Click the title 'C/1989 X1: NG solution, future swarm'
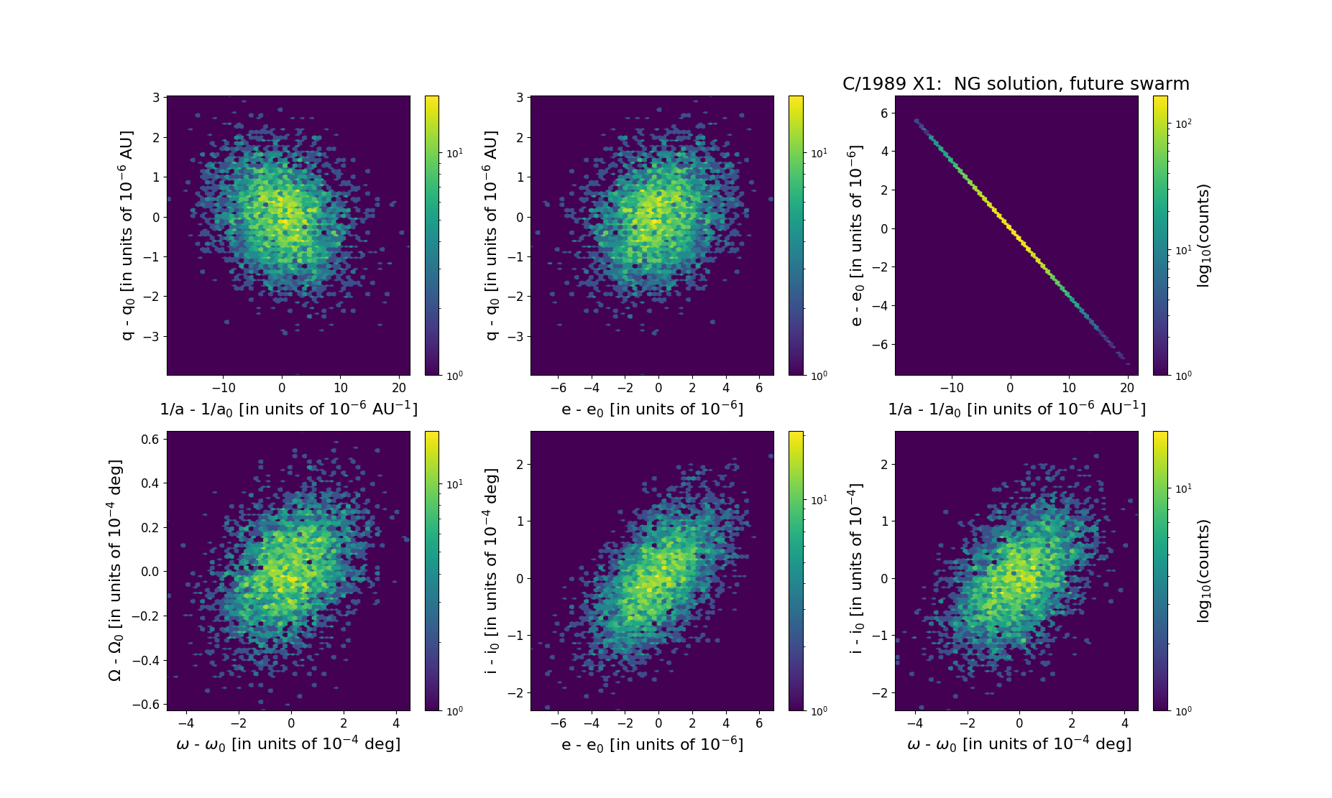click(x=1016, y=84)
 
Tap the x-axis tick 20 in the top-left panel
click(x=400, y=388)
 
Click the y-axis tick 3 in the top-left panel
click(x=156, y=98)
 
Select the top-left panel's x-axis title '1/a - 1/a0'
click(x=288, y=409)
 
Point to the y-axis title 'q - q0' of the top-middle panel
click(x=492, y=235)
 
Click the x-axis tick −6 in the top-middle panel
click(x=558, y=388)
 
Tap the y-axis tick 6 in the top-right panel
click(x=883, y=113)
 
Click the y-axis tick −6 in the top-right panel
click(x=881, y=344)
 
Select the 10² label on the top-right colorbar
click(x=1183, y=124)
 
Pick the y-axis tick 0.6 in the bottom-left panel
click(x=150, y=439)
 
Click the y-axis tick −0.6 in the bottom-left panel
click(x=146, y=705)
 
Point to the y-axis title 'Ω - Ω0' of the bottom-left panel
click(x=115, y=570)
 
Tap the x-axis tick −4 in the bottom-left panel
click(x=185, y=723)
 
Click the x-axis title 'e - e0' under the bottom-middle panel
click(x=652, y=744)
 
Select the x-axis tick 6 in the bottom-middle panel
click(x=759, y=723)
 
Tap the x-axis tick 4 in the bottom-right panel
click(x=1124, y=723)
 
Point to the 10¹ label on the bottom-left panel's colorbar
click(x=454, y=485)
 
